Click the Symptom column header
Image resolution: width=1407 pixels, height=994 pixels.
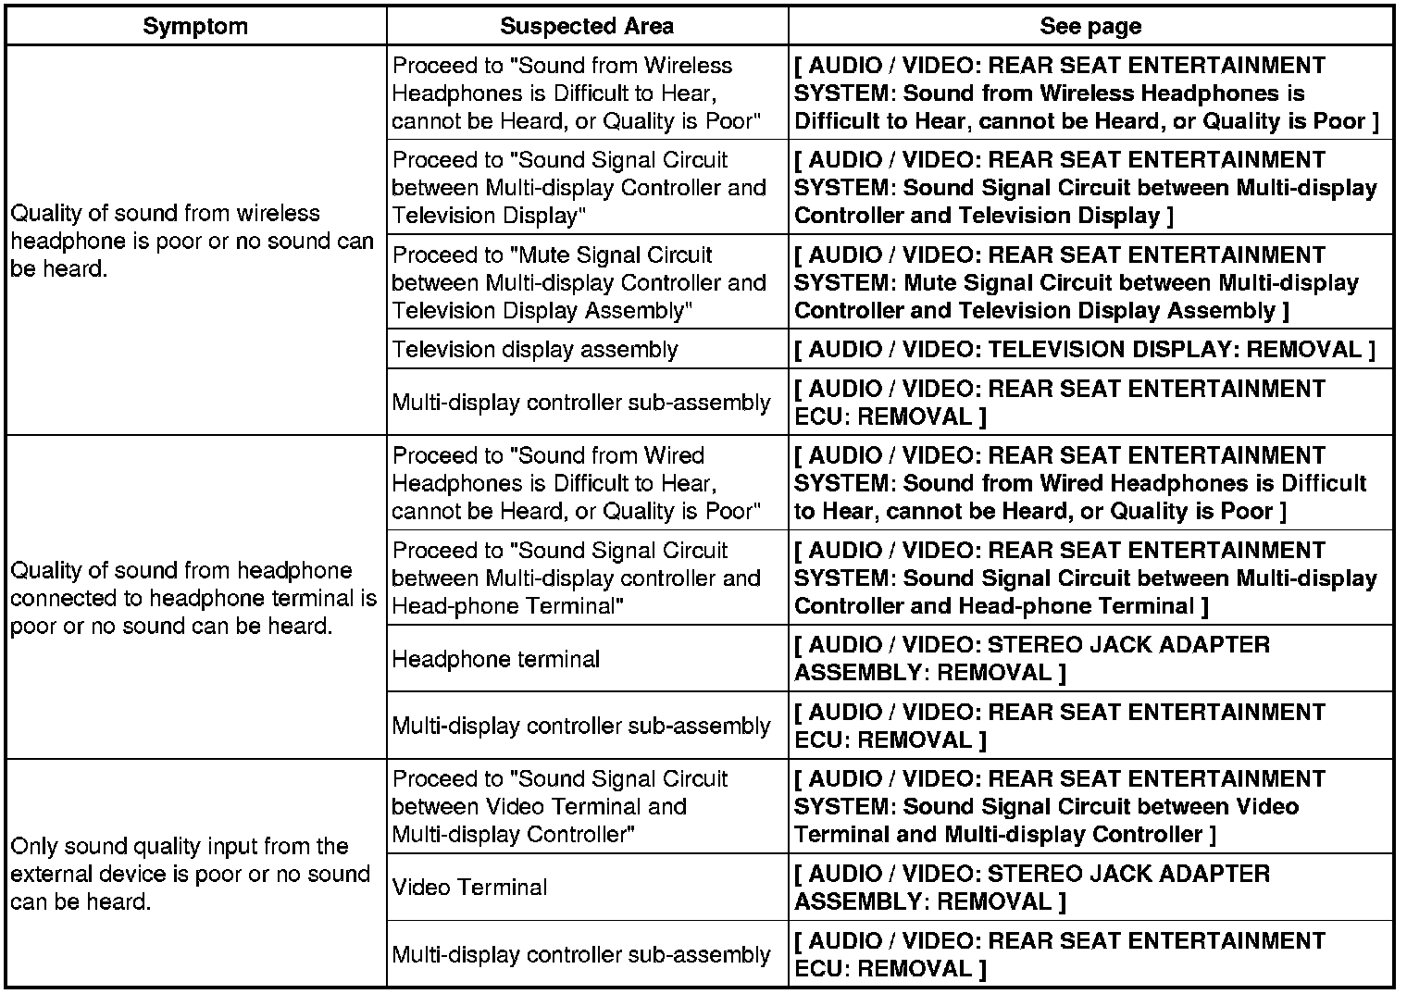195,26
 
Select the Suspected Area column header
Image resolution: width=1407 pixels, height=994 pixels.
587,26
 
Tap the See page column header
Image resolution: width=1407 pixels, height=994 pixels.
1090,26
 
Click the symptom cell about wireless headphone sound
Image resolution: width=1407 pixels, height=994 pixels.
192,241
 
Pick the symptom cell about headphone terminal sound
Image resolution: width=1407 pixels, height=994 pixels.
192,598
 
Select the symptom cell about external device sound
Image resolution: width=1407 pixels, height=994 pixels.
192,874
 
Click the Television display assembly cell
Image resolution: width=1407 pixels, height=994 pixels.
535,350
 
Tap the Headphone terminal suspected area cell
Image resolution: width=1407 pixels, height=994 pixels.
496,659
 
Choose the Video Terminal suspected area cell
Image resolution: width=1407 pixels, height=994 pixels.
470,887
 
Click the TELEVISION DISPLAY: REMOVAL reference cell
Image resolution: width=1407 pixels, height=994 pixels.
1090,350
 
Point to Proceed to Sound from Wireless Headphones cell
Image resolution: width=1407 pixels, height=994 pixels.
576,93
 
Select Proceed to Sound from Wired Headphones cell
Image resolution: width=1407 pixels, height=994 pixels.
576,483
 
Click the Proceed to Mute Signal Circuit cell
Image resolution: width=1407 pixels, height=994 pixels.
579,282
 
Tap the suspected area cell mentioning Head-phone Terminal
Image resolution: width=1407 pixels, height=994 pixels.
576,578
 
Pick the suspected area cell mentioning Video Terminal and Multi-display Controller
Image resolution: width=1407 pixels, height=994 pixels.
560,806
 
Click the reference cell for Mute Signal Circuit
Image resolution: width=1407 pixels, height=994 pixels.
1077,282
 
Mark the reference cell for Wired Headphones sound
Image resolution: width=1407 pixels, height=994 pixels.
1080,483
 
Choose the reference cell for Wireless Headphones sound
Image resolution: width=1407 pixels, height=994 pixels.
1086,93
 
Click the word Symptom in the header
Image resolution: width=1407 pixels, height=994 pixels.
195,26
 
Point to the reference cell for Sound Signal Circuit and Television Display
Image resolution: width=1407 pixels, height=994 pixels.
1086,188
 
